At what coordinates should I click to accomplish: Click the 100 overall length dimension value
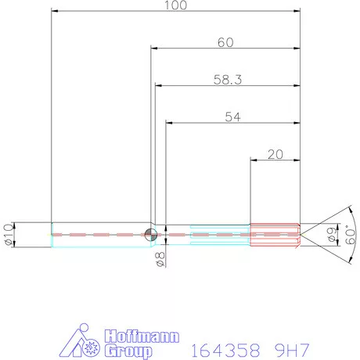(175, 5)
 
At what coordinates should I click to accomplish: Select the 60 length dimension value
(225, 42)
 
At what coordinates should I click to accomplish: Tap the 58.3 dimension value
(228, 80)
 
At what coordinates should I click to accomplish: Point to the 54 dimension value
(232, 117)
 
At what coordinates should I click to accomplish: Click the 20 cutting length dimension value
(275, 154)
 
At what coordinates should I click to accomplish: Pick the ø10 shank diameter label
(8, 235)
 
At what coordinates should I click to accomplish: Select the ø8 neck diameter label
(160, 259)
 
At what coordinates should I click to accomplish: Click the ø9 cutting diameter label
(331, 235)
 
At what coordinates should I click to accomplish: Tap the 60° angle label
(351, 235)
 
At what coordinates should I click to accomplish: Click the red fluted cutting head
(275, 235)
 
